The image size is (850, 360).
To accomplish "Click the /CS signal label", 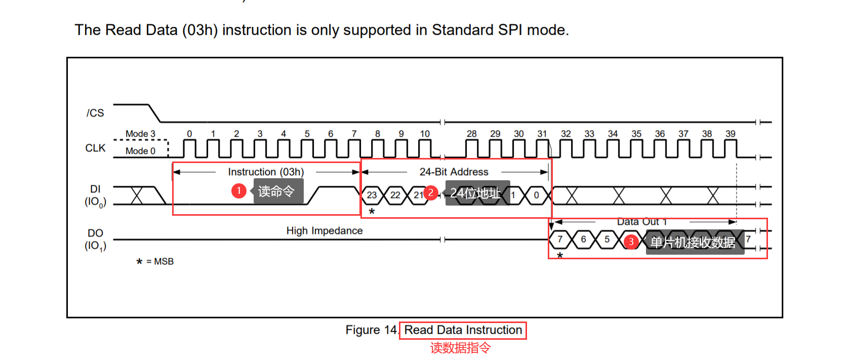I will click(95, 113).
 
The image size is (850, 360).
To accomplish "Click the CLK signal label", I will click(95, 148).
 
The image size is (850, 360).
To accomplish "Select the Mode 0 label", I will click(140, 151).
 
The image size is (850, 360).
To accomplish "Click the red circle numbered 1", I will click(239, 191).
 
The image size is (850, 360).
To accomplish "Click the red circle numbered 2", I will click(431, 192).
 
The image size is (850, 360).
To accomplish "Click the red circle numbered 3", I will click(631, 242).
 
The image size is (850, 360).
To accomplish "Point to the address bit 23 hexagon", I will click(372, 195).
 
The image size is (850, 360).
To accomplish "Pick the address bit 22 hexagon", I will click(395, 195).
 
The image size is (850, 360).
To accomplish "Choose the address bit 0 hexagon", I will click(536, 195).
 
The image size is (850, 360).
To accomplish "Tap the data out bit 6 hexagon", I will click(583, 239).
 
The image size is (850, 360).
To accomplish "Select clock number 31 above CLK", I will click(542, 134).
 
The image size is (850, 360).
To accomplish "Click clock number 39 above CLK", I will click(730, 134).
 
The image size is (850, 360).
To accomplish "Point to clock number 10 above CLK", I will click(425, 134).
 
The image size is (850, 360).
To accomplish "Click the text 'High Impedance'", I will click(325, 231).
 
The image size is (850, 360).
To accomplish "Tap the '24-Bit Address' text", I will click(454, 172).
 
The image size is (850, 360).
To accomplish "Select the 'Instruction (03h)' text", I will click(266, 172).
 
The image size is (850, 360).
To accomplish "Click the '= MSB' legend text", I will click(160, 261).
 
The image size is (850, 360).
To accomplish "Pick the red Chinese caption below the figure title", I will click(460, 348).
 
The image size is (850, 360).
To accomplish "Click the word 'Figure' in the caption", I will click(362, 330).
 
